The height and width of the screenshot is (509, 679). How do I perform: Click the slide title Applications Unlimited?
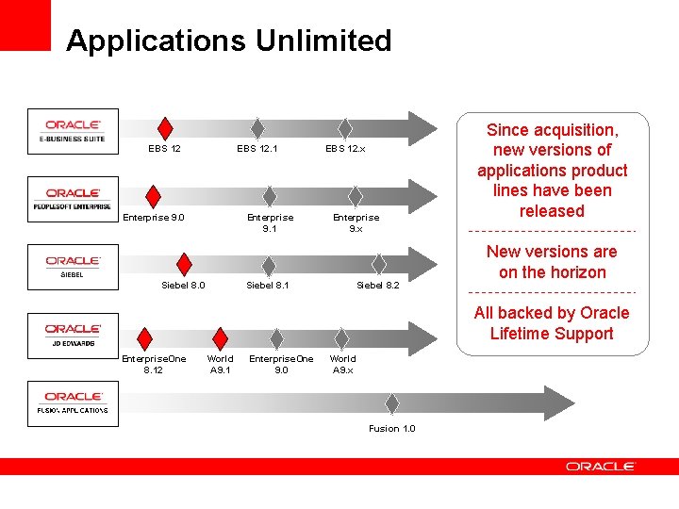pos(228,41)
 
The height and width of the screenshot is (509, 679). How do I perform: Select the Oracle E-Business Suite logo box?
pos(74,131)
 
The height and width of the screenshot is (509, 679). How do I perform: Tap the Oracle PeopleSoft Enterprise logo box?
pos(74,199)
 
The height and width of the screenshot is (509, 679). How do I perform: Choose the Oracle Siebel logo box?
pos(74,267)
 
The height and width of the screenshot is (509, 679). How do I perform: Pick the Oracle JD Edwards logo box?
pos(74,335)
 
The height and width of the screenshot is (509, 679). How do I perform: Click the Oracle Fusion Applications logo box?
pos(74,402)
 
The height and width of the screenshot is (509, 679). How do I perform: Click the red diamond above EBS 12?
pos(165,128)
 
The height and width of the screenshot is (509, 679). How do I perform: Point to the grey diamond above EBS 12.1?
pos(257,128)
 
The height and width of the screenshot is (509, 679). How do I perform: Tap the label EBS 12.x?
pos(345,149)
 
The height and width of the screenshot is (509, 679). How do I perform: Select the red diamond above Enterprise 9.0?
pos(154,196)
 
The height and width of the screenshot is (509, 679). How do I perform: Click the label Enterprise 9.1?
pos(270,222)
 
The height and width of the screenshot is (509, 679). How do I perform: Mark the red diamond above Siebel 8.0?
pos(185,264)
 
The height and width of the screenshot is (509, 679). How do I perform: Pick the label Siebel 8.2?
pos(377,285)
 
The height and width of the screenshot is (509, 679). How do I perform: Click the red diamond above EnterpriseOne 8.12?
pos(145,338)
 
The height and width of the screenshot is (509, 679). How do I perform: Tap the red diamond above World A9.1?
pos(220,338)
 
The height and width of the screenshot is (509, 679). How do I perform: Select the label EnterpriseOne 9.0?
pos(281,364)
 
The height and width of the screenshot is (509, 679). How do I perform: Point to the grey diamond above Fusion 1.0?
pos(391,402)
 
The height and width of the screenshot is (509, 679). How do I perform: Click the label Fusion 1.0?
pos(391,429)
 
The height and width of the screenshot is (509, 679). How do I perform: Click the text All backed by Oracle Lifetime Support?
pos(552,323)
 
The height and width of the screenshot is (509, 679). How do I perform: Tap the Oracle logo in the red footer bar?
pos(601,467)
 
